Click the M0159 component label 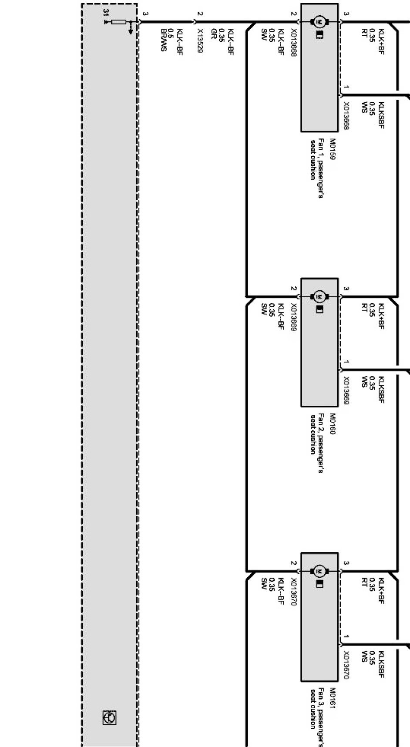coord(333,149)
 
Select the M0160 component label coord(333,424)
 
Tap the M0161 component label coord(333,698)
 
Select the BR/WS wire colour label coord(163,40)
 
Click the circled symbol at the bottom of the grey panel coord(109,717)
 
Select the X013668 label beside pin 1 coord(346,116)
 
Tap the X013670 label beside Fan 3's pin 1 coord(346,665)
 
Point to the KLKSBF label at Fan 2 coord(381,390)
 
